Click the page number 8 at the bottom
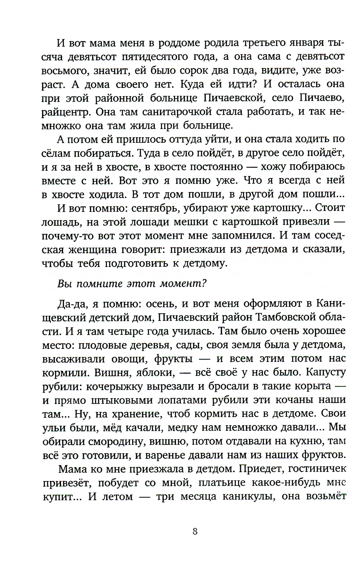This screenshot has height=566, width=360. (x=195, y=531)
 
